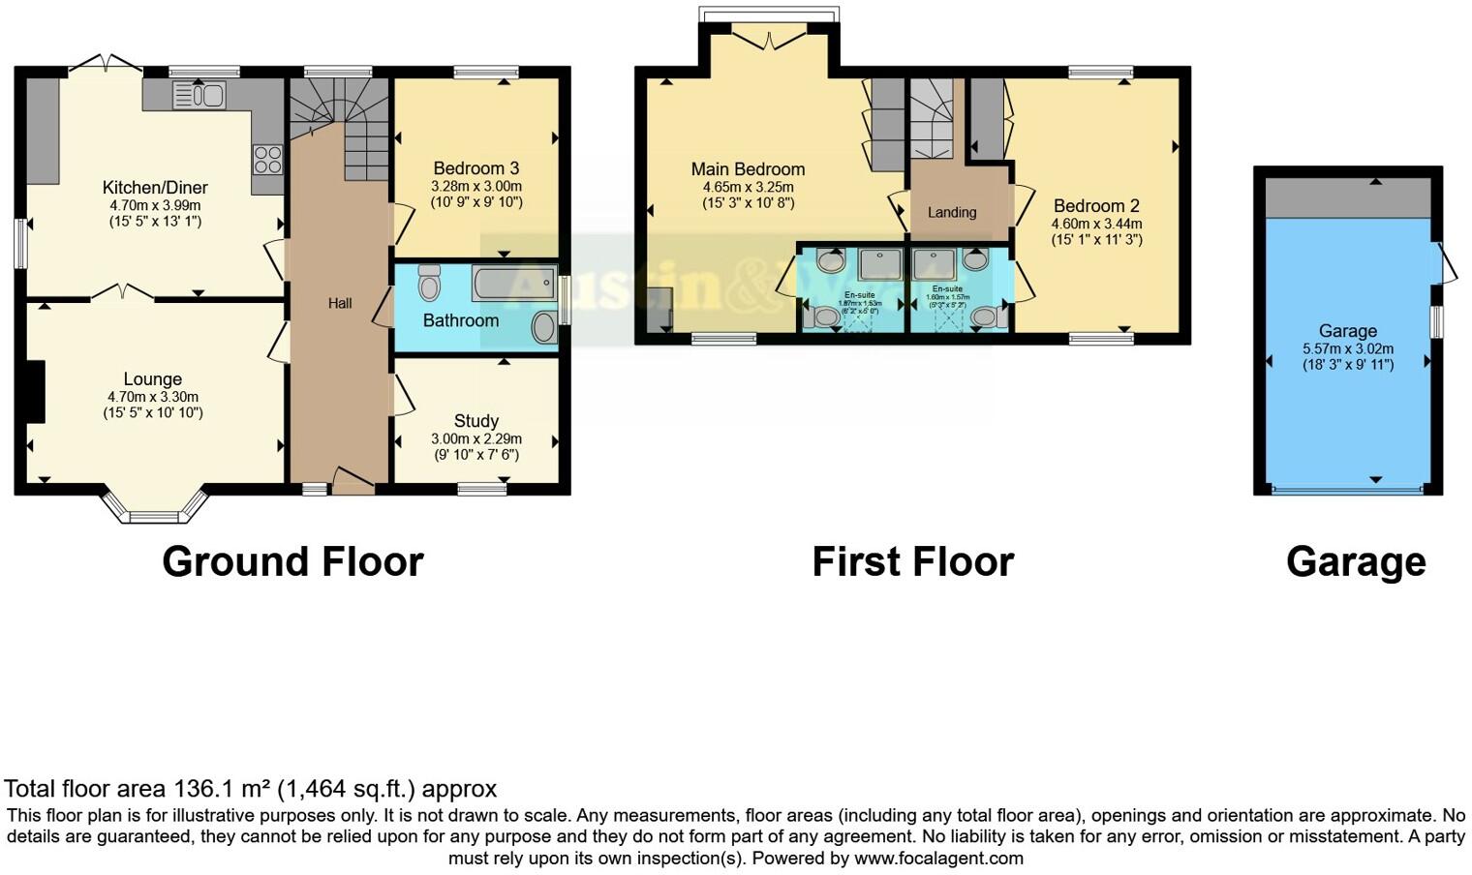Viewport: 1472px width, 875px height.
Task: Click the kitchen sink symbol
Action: point(199,95)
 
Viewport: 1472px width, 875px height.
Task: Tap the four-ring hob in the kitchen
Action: point(268,159)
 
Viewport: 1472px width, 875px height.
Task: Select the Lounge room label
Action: point(152,379)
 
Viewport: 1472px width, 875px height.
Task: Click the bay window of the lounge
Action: point(155,507)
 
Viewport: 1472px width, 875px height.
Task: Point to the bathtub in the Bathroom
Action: point(513,284)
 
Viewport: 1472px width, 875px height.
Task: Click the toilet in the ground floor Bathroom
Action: point(430,283)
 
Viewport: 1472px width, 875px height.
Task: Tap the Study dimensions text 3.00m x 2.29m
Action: point(475,438)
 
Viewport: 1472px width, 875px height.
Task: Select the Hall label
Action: point(339,303)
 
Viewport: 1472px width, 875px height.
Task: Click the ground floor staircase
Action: point(339,126)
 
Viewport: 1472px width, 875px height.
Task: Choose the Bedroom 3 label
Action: point(475,168)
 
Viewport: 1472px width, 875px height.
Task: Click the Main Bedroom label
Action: point(748,169)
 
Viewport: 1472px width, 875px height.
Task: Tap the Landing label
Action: point(951,212)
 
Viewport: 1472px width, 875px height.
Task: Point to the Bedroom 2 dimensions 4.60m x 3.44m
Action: point(1096,224)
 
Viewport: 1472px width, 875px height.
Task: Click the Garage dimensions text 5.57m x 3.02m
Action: point(1347,348)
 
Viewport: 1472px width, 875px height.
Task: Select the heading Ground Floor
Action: point(292,561)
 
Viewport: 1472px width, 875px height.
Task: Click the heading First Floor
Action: point(912,561)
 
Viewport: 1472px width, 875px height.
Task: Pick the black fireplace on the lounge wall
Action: point(36,391)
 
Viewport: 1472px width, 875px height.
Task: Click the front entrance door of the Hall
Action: point(353,482)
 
